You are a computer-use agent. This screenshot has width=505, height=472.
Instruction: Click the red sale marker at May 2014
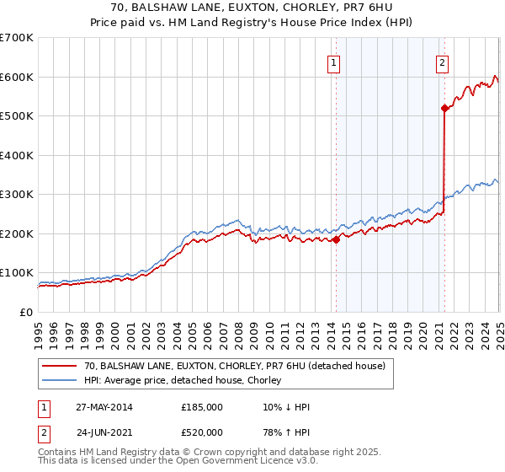pos(336,239)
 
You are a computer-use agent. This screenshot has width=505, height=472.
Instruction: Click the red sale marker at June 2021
pos(444,108)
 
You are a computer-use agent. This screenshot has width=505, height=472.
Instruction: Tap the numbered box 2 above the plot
pos(443,62)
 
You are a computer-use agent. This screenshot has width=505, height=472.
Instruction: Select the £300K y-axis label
pos(17,194)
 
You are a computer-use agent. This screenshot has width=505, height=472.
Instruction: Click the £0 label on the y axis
pos(26,312)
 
